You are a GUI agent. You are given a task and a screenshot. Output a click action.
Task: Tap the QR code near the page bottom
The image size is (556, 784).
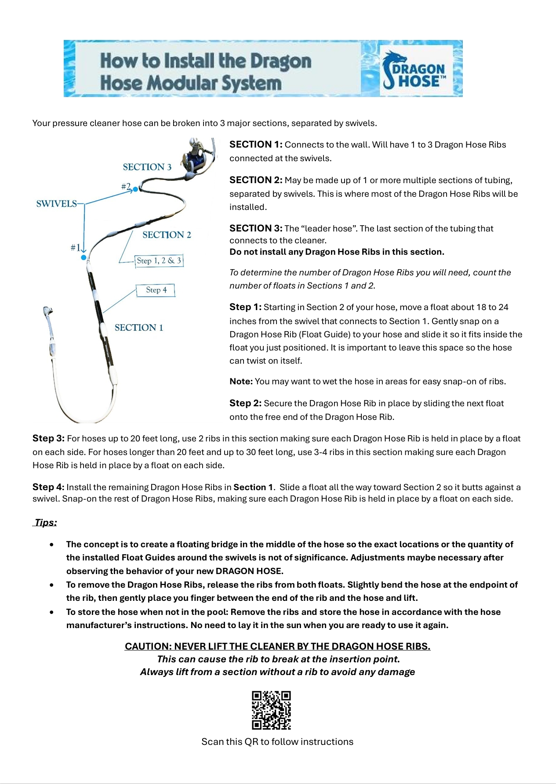click(271, 710)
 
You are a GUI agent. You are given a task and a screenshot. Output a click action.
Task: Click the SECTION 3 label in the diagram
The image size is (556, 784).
click(147, 167)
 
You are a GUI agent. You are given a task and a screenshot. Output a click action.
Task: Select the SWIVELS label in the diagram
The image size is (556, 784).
click(56, 204)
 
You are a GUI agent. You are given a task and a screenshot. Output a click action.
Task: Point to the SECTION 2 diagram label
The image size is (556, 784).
click(167, 235)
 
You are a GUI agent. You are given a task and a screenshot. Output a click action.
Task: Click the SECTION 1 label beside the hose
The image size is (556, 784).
click(139, 328)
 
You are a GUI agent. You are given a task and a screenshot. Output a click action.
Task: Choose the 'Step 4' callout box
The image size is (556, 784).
click(156, 290)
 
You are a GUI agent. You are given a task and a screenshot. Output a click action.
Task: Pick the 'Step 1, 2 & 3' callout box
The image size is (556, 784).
click(159, 261)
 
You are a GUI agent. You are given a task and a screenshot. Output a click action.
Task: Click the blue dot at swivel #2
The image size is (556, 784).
click(135, 189)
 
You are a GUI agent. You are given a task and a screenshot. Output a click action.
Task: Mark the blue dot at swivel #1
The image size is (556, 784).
click(84, 257)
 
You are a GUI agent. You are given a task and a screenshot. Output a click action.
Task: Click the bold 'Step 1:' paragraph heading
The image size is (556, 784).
click(245, 307)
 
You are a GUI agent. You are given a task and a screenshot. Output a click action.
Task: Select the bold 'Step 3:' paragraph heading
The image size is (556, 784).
click(48, 438)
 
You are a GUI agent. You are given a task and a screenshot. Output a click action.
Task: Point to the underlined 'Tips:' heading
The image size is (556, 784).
click(46, 523)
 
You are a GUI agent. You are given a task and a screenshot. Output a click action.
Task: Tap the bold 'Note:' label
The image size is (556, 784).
click(241, 382)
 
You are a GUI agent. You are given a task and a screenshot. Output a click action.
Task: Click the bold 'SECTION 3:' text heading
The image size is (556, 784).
click(256, 228)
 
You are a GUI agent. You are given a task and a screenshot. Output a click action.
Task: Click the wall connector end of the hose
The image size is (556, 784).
click(47, 313)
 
